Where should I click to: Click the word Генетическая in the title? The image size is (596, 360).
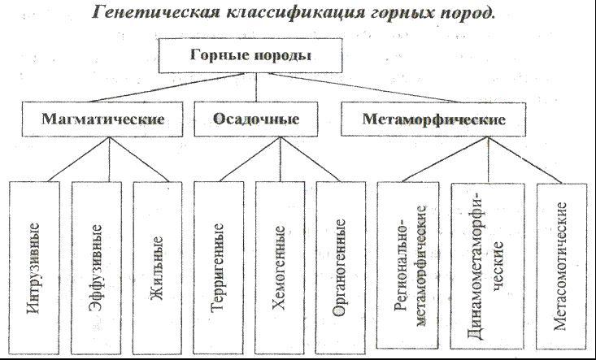(156, 13)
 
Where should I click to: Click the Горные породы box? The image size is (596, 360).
(250, 55)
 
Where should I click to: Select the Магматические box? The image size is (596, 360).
(102, 119)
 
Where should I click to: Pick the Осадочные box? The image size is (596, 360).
(256, 119)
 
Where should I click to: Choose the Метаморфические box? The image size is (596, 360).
(433, 119)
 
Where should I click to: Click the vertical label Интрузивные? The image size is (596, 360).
(33, 268)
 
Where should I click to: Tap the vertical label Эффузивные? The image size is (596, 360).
(95, 268)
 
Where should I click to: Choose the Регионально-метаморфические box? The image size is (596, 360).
(408, 265)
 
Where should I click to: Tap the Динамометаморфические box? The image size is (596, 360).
(488, 266)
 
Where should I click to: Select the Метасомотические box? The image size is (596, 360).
(561, 266)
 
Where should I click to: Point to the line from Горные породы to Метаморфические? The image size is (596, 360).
(363, 87)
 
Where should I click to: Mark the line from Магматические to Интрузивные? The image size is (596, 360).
(79, 159)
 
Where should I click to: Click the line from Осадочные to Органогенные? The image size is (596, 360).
(310, 159)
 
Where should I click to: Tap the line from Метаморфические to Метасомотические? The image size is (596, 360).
(525, 160)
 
